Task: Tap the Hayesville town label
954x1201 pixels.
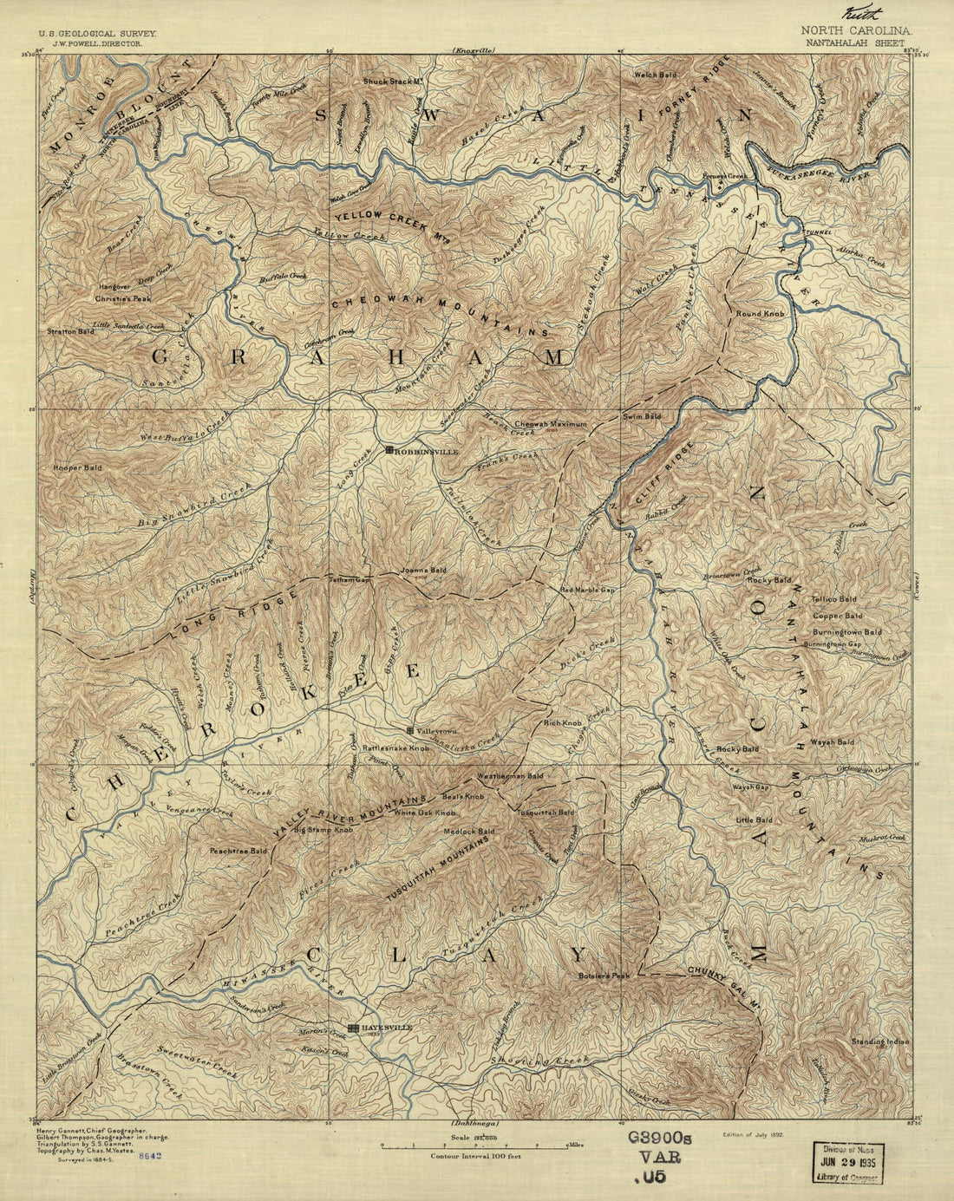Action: (387, 1028)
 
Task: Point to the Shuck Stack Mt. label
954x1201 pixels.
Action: (392, 82)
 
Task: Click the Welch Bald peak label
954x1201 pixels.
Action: (655, 75)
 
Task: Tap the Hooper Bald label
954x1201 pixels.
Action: (77, 467)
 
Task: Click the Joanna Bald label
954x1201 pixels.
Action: (422, 571)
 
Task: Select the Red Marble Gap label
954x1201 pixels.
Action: (587, 590)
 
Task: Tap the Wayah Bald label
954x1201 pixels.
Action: (832, 742)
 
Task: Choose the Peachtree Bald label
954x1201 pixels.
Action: (238, 852)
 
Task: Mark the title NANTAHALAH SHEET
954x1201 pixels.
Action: (853, 42)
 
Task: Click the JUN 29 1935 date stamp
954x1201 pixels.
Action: (845, 1159)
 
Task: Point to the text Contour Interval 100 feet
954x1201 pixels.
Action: (476, 1156)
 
